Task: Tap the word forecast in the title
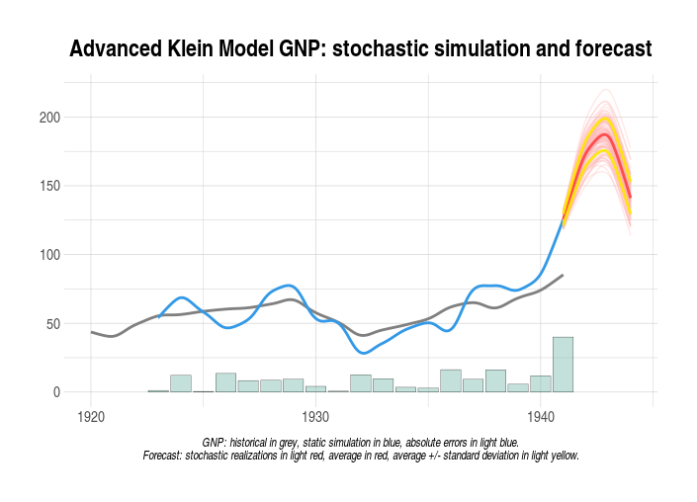(608, 47)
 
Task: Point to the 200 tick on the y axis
(49, 118)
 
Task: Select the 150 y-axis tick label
(49, 186)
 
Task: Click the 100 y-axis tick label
(49, 255)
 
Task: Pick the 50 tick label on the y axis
(53, 323)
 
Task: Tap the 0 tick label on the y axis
(57, 392)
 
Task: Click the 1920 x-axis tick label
(91, 415)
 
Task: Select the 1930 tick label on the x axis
(316, 415)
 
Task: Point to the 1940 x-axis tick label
(541, 415)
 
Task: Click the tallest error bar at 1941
(563, 365)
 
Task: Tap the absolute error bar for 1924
(181, 383)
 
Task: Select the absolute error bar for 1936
(451, 380)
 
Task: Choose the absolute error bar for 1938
(495, 380)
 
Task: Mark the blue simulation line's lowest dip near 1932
(364, 353)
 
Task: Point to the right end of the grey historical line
(563, 275)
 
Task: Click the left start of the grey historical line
(91, 332)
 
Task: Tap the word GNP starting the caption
(212, 443)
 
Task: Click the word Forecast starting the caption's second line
(165, 456)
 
